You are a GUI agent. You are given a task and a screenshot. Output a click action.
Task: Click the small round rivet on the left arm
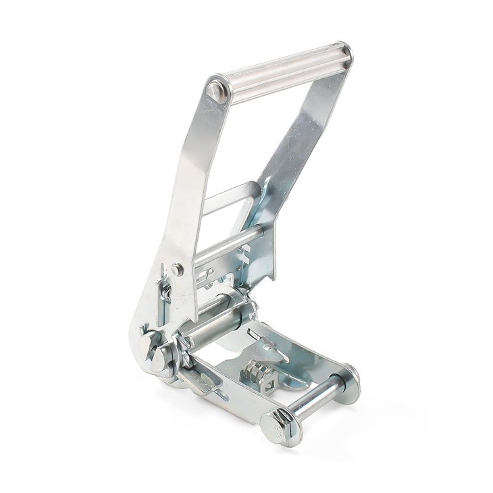(x=177, y=269)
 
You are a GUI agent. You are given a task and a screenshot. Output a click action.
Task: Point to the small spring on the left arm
(x=164, y=292)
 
